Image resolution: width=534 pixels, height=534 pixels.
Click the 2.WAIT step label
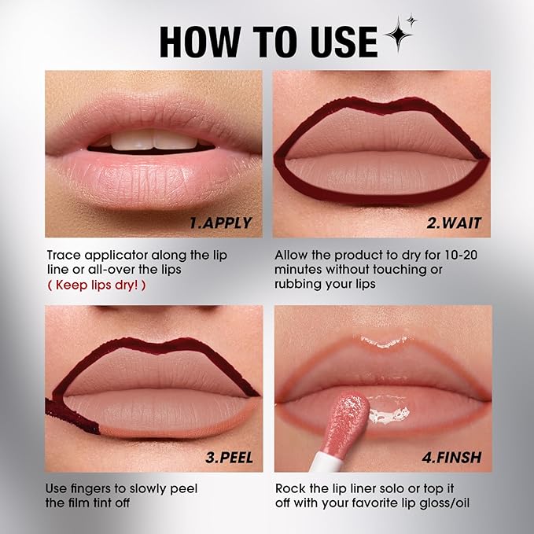455,223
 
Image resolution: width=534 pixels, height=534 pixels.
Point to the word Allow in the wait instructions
292,256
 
